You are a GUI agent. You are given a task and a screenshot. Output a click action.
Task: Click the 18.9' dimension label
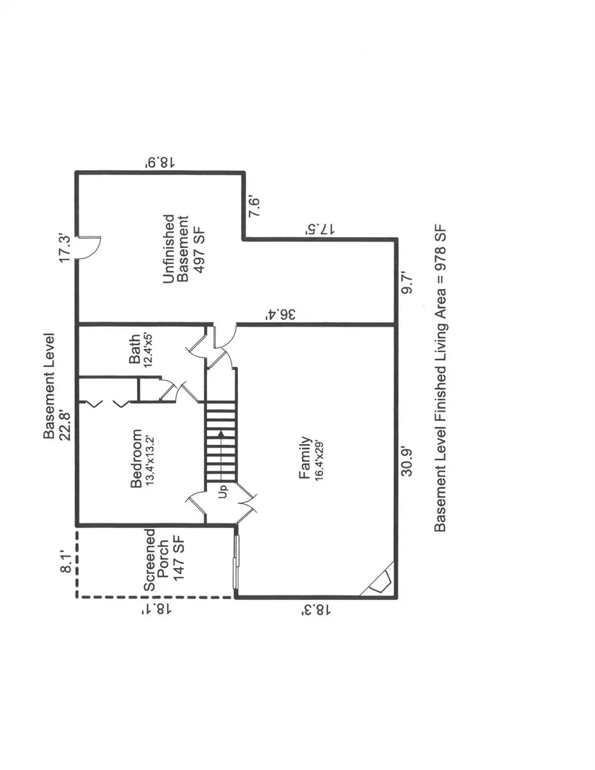160,162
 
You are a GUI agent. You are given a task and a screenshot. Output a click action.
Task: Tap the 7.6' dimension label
254,207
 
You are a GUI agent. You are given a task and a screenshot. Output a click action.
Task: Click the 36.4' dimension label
281,314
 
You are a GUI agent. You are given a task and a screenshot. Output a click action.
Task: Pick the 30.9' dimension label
407,461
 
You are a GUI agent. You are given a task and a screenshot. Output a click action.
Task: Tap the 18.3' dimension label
317,610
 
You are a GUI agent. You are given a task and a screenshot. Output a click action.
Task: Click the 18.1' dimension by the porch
157,610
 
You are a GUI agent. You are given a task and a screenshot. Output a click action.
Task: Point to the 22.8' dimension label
66,425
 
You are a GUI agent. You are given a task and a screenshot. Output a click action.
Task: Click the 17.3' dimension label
66,248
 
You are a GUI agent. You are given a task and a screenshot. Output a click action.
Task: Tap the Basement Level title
49,386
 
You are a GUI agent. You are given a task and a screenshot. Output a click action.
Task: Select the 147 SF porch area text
178,559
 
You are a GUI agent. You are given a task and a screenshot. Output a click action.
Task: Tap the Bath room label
134,349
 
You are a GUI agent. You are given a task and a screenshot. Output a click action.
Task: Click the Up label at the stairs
224,492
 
